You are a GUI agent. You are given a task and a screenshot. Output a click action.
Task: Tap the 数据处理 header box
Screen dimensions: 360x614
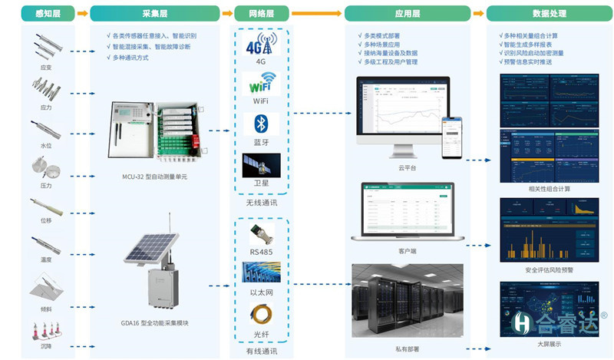tap(549, 13)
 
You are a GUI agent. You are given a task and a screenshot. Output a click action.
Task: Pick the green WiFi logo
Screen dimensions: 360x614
tap(260, 83)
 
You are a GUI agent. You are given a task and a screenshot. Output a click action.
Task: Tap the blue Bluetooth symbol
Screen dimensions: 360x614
tap(260, 124)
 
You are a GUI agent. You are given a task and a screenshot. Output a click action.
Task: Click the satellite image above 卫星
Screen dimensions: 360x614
tap(260, 164)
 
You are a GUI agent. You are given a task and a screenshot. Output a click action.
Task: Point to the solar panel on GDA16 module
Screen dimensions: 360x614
tap(150, 246)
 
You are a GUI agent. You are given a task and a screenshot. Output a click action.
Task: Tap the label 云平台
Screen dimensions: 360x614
tap(407, 168)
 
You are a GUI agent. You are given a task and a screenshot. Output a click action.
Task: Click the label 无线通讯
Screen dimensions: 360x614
tap(260, 203)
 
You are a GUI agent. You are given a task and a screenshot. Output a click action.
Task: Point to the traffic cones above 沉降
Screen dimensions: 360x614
tap(45, 331)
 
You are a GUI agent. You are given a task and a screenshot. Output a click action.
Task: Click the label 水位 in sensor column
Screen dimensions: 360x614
tap(46, 145)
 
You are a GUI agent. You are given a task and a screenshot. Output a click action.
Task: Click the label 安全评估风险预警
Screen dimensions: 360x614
tap(549, 269)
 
